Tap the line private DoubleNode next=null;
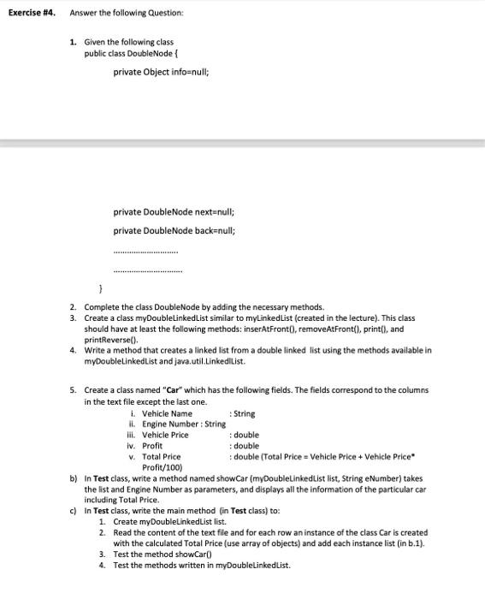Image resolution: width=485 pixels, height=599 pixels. coord(174,211)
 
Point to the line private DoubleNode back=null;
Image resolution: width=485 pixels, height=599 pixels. coord(174,230)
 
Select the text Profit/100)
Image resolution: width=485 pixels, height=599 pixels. coord(160,467)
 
